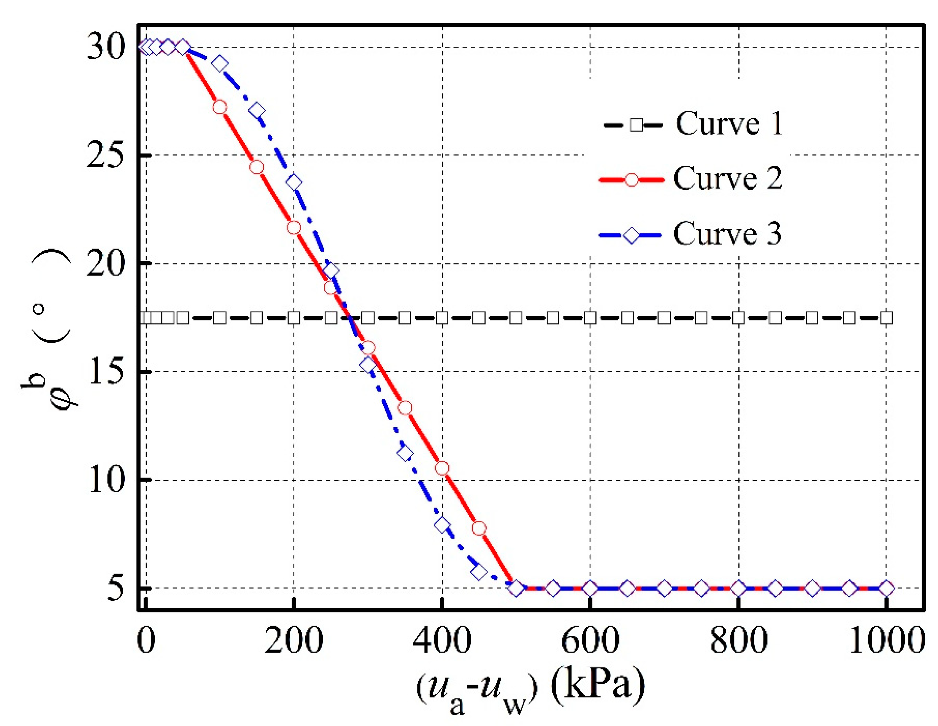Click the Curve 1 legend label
pos(729,124)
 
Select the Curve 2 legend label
pos(728,178)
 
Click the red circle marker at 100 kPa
pos(220,107)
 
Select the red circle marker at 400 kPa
pos(442,468)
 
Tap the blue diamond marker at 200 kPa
pos(294,182)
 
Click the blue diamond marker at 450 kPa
pos(479,572)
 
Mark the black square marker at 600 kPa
pos(590,318)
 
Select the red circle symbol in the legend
pos(631,179)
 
